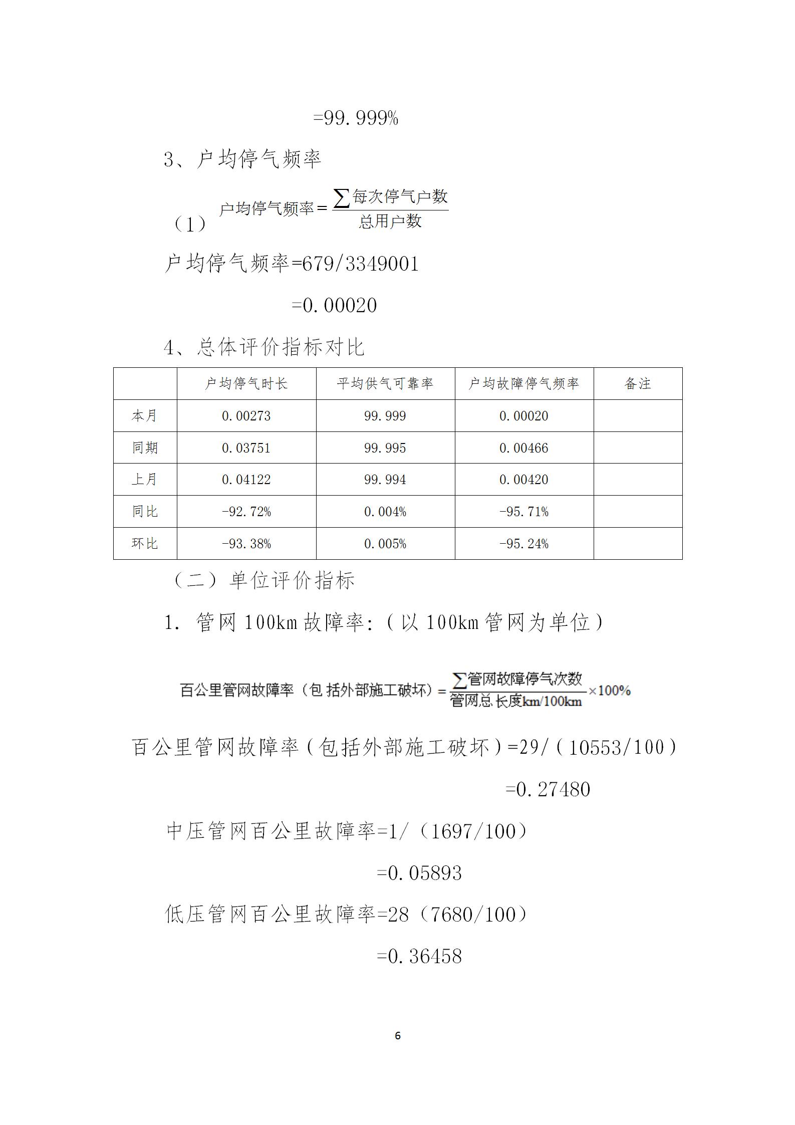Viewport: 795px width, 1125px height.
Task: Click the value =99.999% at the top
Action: pos(356,118)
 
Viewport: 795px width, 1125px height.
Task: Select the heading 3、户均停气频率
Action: pos(242,159)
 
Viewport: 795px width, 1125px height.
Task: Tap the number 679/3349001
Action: pos(361,264)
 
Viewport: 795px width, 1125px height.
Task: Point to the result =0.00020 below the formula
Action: pos(335,305)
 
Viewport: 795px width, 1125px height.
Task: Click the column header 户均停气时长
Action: pos(246,384)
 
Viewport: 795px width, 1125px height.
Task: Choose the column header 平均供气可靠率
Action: pos(385,384)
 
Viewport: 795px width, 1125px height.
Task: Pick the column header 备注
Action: pos(638,384)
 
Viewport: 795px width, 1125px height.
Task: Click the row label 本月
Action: pos(145,416)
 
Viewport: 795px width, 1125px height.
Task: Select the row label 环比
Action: pos(145,543)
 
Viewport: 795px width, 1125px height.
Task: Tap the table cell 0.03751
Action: pos(246,448)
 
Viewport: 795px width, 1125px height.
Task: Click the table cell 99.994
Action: pos(385,480)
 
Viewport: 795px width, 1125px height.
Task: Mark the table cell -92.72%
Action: pos(246,512)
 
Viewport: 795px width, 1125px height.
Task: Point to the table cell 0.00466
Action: pos(524,448)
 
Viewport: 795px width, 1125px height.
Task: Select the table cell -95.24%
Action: pos(524,544)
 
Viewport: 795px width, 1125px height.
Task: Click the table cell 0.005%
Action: pos(385,544)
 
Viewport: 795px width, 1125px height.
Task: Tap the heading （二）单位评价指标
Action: pos(263,581)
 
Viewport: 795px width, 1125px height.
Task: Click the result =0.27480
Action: pos(548,790)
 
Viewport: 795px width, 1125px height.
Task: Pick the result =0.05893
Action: pos(419,873)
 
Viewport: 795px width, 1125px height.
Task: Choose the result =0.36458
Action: pos(419,957)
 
